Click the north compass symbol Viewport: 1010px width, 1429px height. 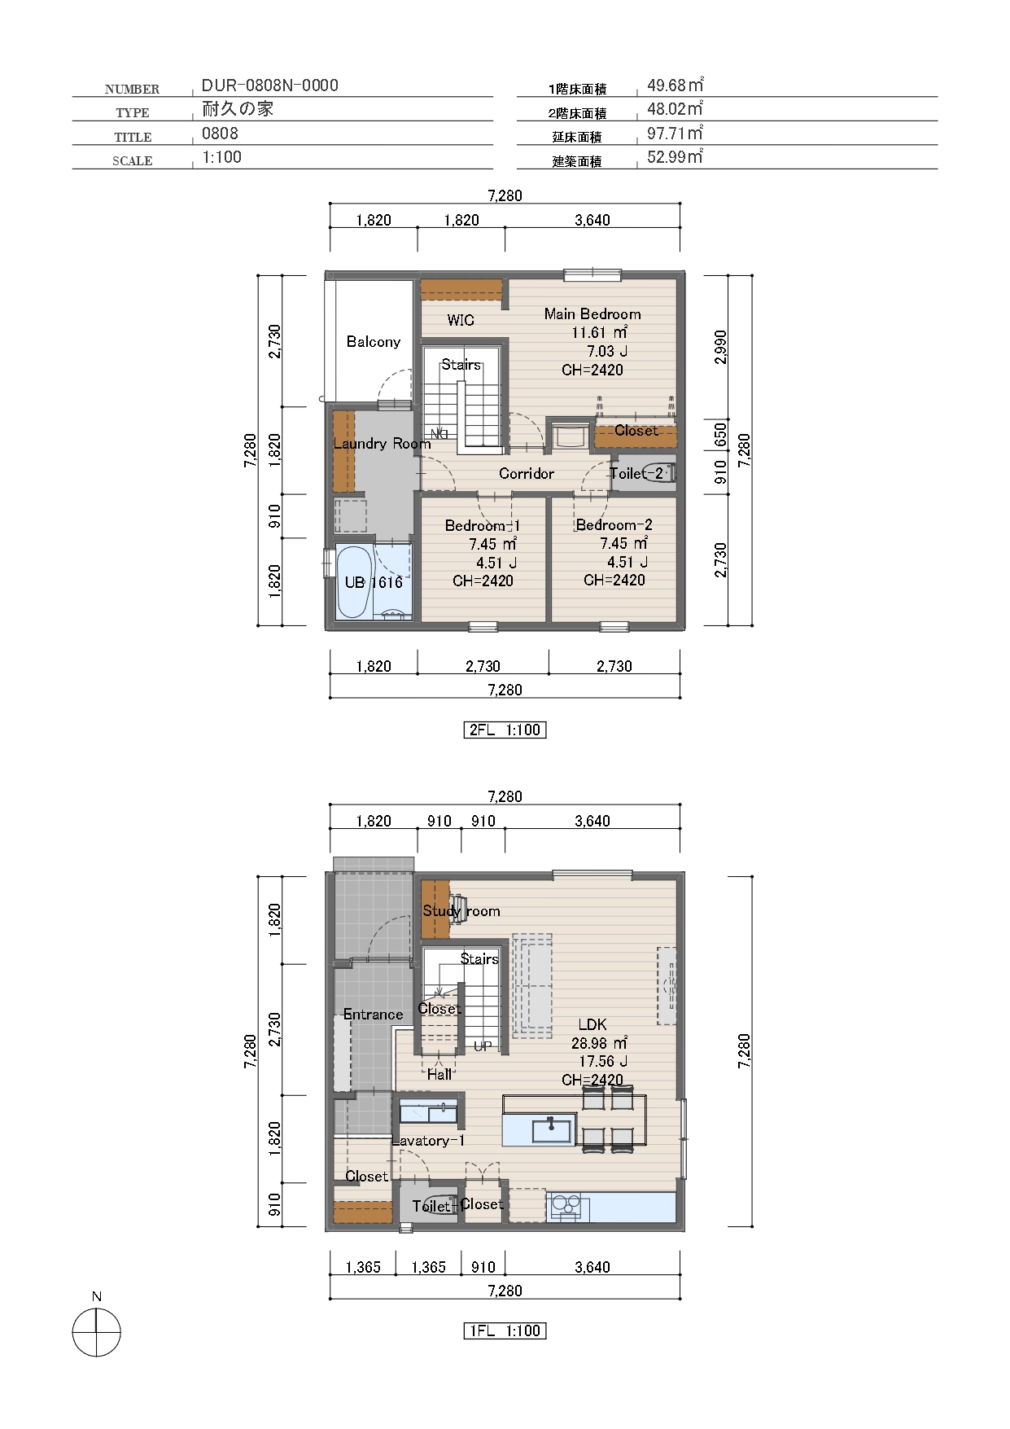coord(96,1332)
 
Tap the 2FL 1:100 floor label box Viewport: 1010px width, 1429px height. coord(505,730)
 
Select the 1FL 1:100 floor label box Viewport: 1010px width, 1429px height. coord(505,1330)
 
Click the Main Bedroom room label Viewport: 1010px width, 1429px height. coord(592,313)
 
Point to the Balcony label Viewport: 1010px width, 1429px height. coord(374,341)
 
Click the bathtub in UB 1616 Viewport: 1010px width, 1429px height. coord(354,582)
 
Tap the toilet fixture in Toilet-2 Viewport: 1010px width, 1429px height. coord(658,472)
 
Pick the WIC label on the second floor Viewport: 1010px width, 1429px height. coord(461,320)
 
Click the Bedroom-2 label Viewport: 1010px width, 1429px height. coord(614,524)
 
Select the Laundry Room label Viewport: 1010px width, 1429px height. coord(382,443)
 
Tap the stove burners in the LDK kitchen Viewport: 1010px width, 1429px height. coord(566,1206)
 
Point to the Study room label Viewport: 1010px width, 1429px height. coord(461,910)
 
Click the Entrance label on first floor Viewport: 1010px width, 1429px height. coord(373,1014)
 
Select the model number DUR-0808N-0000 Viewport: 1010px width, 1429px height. coord(270,85)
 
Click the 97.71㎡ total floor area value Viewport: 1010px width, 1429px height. coord(675,133)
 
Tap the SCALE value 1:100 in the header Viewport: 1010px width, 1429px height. coord(221,157)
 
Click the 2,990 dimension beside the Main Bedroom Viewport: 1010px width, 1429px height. coord(720,347)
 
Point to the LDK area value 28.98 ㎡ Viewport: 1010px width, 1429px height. coord(599,1042)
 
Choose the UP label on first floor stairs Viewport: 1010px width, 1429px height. coord(483,1046)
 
